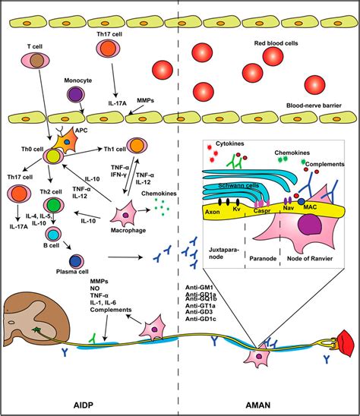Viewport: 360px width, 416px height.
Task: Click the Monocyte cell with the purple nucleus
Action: coord(76,95)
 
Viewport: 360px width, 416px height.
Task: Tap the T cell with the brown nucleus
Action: coord(35,60)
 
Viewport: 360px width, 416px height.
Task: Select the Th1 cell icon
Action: coord(137,146)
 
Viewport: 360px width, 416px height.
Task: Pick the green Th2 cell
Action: coord(53,205)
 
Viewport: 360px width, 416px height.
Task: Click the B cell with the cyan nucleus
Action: coord(53,235)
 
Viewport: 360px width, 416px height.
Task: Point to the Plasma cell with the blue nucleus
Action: coord(77,261)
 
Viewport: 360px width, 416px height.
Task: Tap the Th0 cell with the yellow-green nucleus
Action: coord(53,156)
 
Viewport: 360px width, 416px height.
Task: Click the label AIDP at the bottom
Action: coord(84,405)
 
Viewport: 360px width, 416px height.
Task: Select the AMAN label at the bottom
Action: coord(258,405)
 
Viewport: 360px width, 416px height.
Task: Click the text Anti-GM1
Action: coord(200,287)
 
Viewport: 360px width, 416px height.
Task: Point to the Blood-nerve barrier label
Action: coord(314,106)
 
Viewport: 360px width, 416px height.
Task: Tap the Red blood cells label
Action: coord(276,43)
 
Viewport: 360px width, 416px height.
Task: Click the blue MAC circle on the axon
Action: coord(301,201)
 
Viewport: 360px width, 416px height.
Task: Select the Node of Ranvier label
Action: coord(310,258)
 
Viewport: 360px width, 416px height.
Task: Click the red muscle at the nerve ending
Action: coord(346,343)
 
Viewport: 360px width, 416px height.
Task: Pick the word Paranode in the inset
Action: coord(263,258)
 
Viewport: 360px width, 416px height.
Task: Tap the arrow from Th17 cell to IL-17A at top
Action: coord(114,80)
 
